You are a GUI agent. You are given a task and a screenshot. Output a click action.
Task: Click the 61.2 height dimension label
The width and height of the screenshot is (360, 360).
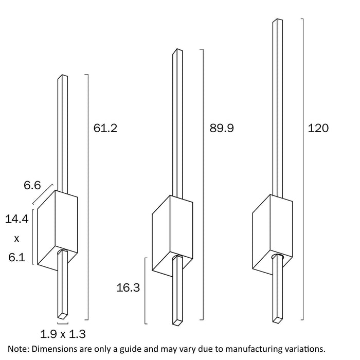(x=105, y=128)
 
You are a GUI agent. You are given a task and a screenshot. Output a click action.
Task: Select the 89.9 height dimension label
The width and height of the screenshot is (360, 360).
(x=222, y=128)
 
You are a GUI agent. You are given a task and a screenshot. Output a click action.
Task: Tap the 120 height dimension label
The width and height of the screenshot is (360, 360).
(x=318, y=128)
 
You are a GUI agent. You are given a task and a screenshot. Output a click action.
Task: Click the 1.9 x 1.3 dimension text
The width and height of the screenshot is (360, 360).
(x=63, y=333)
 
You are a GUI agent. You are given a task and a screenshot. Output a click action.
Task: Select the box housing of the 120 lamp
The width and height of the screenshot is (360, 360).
(x=273, y=231)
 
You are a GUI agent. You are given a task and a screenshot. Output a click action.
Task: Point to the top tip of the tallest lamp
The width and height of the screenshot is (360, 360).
(x=278, y=21)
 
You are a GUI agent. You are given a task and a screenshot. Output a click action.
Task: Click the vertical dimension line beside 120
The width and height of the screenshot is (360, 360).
(x=302, y=170)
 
